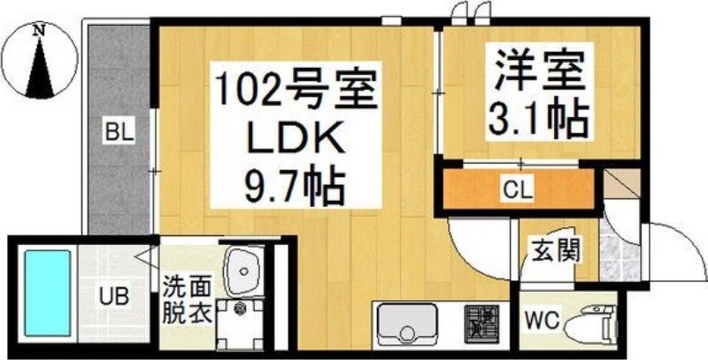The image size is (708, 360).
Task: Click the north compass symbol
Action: click(38, 60)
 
